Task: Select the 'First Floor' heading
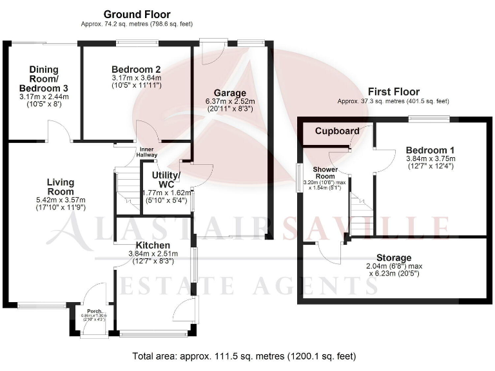click(393, 92)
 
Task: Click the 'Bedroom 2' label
click(135, 70)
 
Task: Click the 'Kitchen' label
click(153, 245)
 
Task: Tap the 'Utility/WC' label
click(165, 180)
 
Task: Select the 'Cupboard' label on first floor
click(337, 131)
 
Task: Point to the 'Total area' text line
click(244, 356)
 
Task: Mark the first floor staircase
click(359, 216)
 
